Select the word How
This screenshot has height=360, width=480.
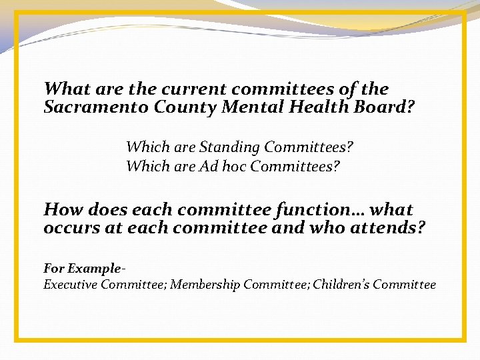point(61,209)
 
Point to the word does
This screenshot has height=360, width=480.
point(105,209)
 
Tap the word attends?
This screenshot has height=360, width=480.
point(390,228)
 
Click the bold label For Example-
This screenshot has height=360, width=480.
point(83,269)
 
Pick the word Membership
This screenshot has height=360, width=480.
point(205,285)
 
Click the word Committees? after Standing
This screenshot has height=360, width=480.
point(309,146)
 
